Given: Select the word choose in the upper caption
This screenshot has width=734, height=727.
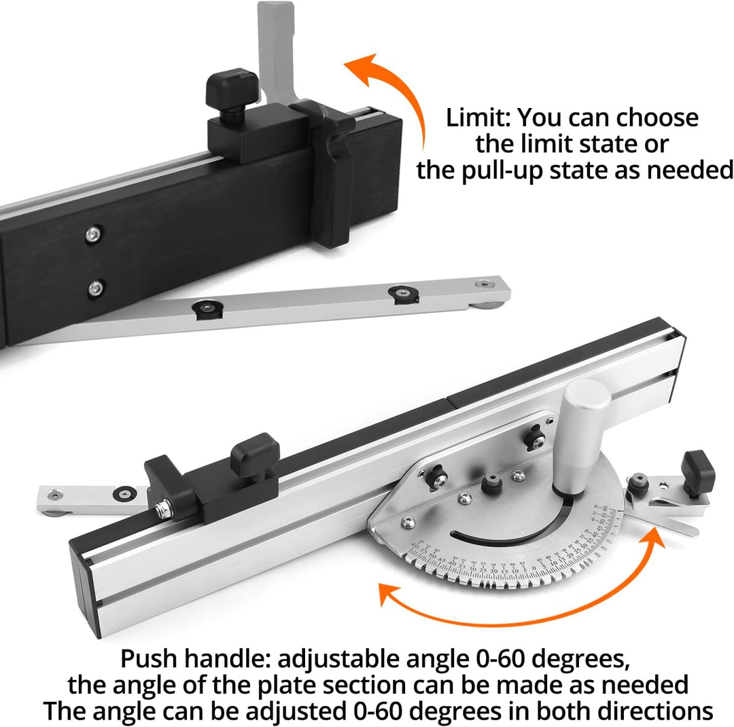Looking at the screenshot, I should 657,118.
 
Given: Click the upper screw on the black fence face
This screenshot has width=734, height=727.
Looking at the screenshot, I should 92,235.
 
